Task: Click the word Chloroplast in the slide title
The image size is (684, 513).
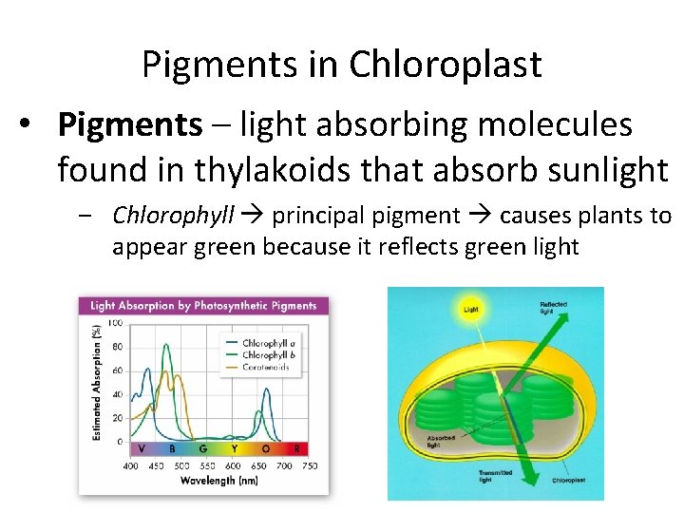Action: coord(445,65)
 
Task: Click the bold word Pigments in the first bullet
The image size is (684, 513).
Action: coord(130,123)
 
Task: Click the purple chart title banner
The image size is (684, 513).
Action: coord(204,306)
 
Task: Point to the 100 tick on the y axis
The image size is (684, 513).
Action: coord(116,324)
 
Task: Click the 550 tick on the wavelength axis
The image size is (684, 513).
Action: coord(207,466)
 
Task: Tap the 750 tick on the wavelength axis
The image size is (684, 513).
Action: coord(309,466)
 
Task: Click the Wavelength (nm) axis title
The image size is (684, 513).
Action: coord(218,481)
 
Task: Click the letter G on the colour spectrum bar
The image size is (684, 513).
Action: coord(202,449)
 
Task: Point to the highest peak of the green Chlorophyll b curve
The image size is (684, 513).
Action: coord(167,346)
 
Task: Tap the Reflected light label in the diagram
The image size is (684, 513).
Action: coord(553,308)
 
